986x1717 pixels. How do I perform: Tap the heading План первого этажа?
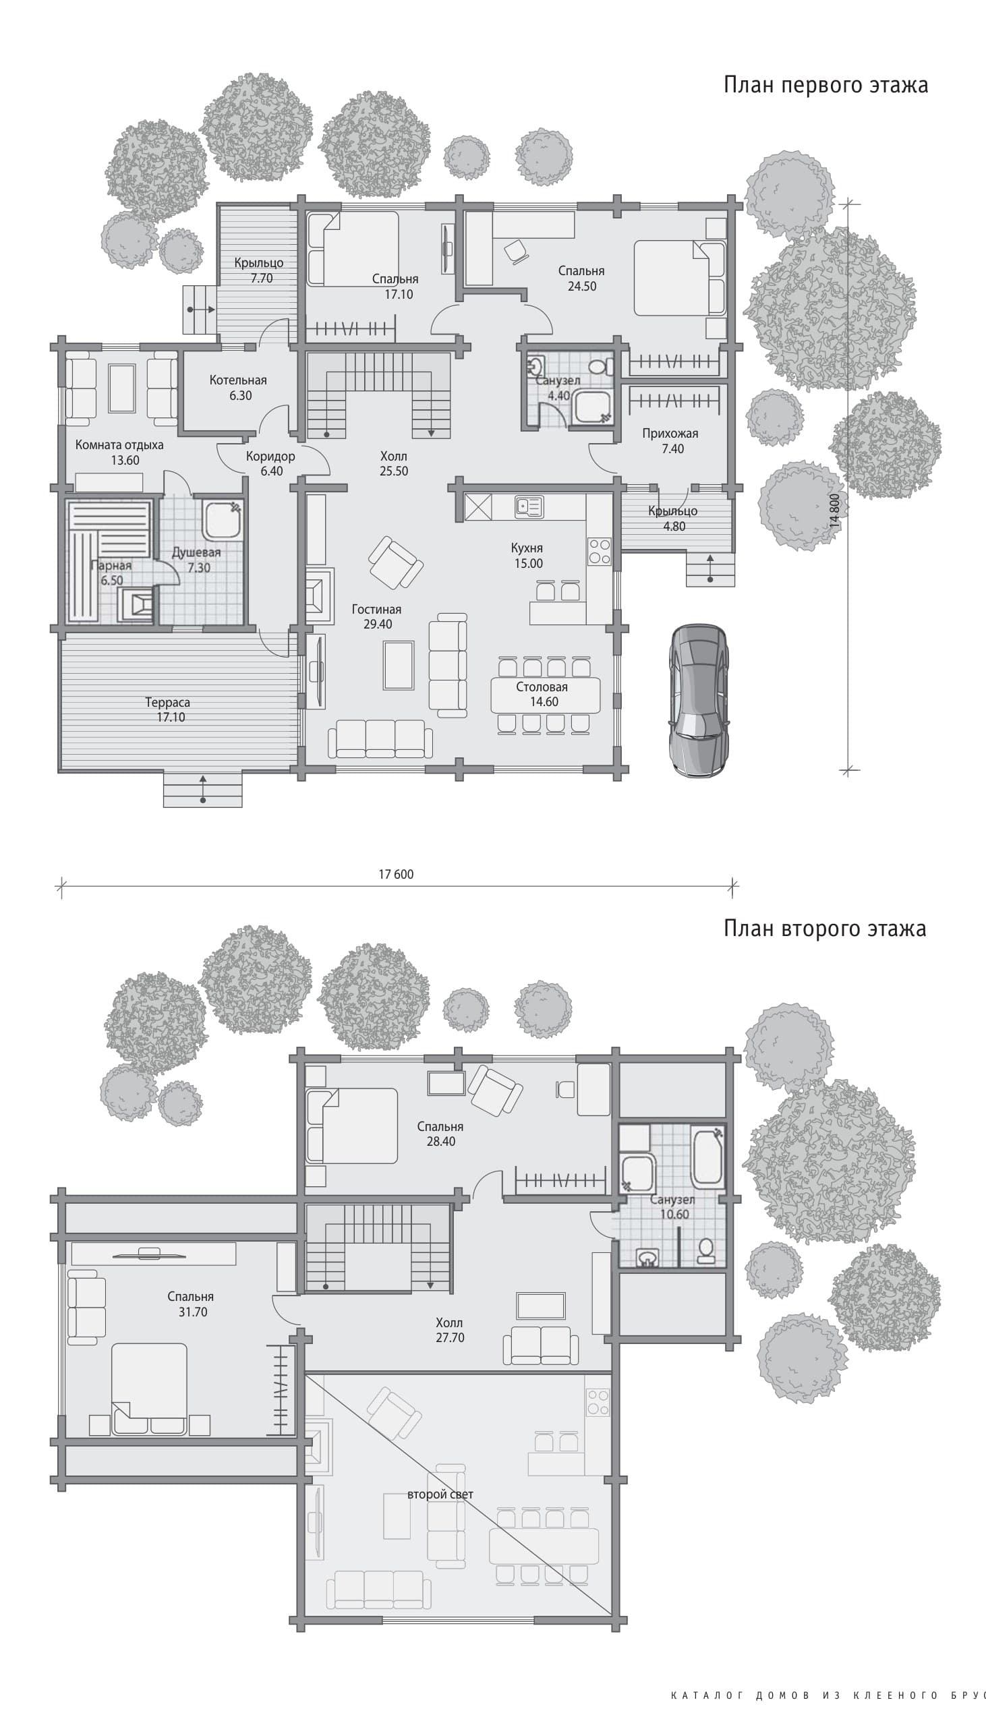click(x=825, y=85)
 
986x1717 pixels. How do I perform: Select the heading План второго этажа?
click(x=825, y=928)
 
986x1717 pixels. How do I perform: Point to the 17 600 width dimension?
click(x=396, y=874)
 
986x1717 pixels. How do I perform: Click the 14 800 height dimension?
click(x=834, y=511)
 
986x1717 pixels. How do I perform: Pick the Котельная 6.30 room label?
click(x=238, y=388)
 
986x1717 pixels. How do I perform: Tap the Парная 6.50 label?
click(x=111, y=573)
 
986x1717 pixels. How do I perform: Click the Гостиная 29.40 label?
click(x=376, y=617)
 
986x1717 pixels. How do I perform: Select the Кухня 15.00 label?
click(x=527, y=556)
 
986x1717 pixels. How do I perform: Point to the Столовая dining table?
click(x=545, y=695)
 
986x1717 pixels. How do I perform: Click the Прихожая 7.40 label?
click(x=670, y=441)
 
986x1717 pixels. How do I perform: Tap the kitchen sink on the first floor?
click(x=529, y=507)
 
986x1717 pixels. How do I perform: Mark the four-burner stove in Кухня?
click(x=600, y=551)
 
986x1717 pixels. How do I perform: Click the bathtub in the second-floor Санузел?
click(x=707, y=1156)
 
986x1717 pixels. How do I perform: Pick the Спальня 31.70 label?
click(x=191, y=1304)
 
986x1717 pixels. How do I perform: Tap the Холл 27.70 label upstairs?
click(x=450, y=1330)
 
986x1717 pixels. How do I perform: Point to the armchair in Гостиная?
click(x=395, y=563)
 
